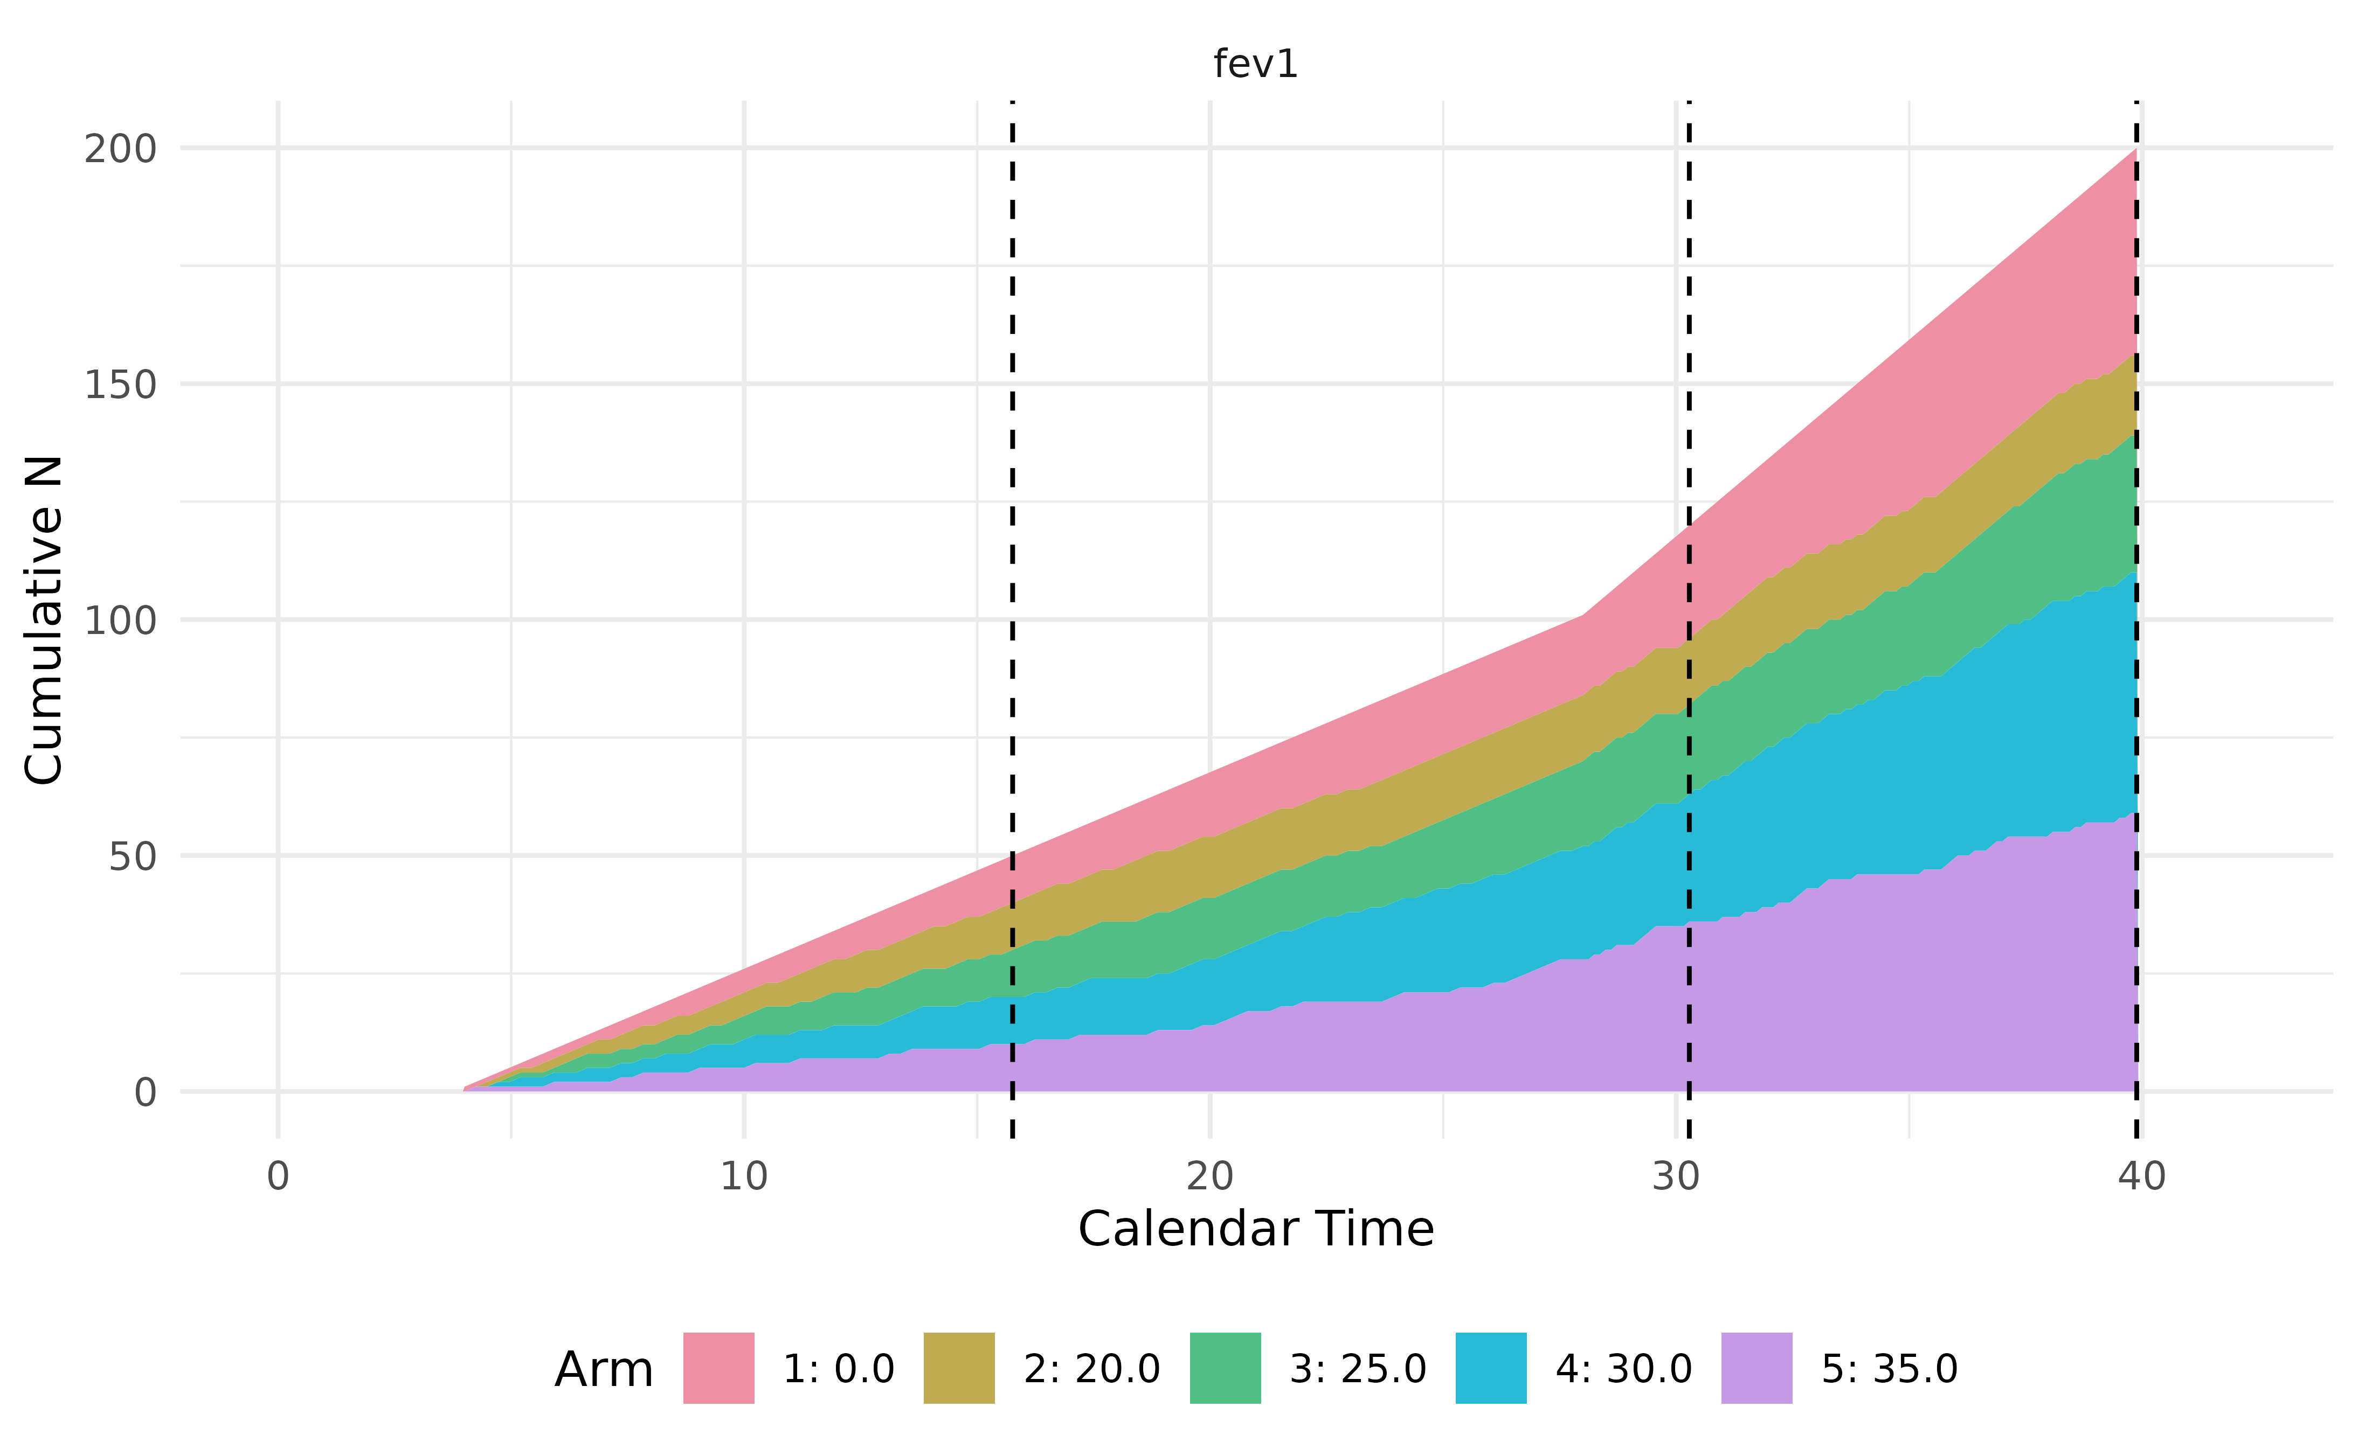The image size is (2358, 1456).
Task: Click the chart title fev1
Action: [x=1255, y=65]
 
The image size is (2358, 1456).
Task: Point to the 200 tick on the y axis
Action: [x=120, y=149]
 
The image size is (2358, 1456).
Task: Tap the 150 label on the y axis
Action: [x=120, y=385]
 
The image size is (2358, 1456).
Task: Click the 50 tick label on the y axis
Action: [x=132, y=856]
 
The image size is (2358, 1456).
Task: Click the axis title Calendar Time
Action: [x=1255, y=1230]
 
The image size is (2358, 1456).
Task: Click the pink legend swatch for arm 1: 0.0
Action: [x=718, y=1368]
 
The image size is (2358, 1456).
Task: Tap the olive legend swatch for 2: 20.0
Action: [x=958, y=1368]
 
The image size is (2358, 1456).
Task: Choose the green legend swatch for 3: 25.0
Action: [x=1225, y=1368]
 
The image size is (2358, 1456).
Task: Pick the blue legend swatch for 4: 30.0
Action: [x=1491, y=1368]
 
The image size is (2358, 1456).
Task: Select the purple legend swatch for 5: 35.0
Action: [x=1757, y=1368]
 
